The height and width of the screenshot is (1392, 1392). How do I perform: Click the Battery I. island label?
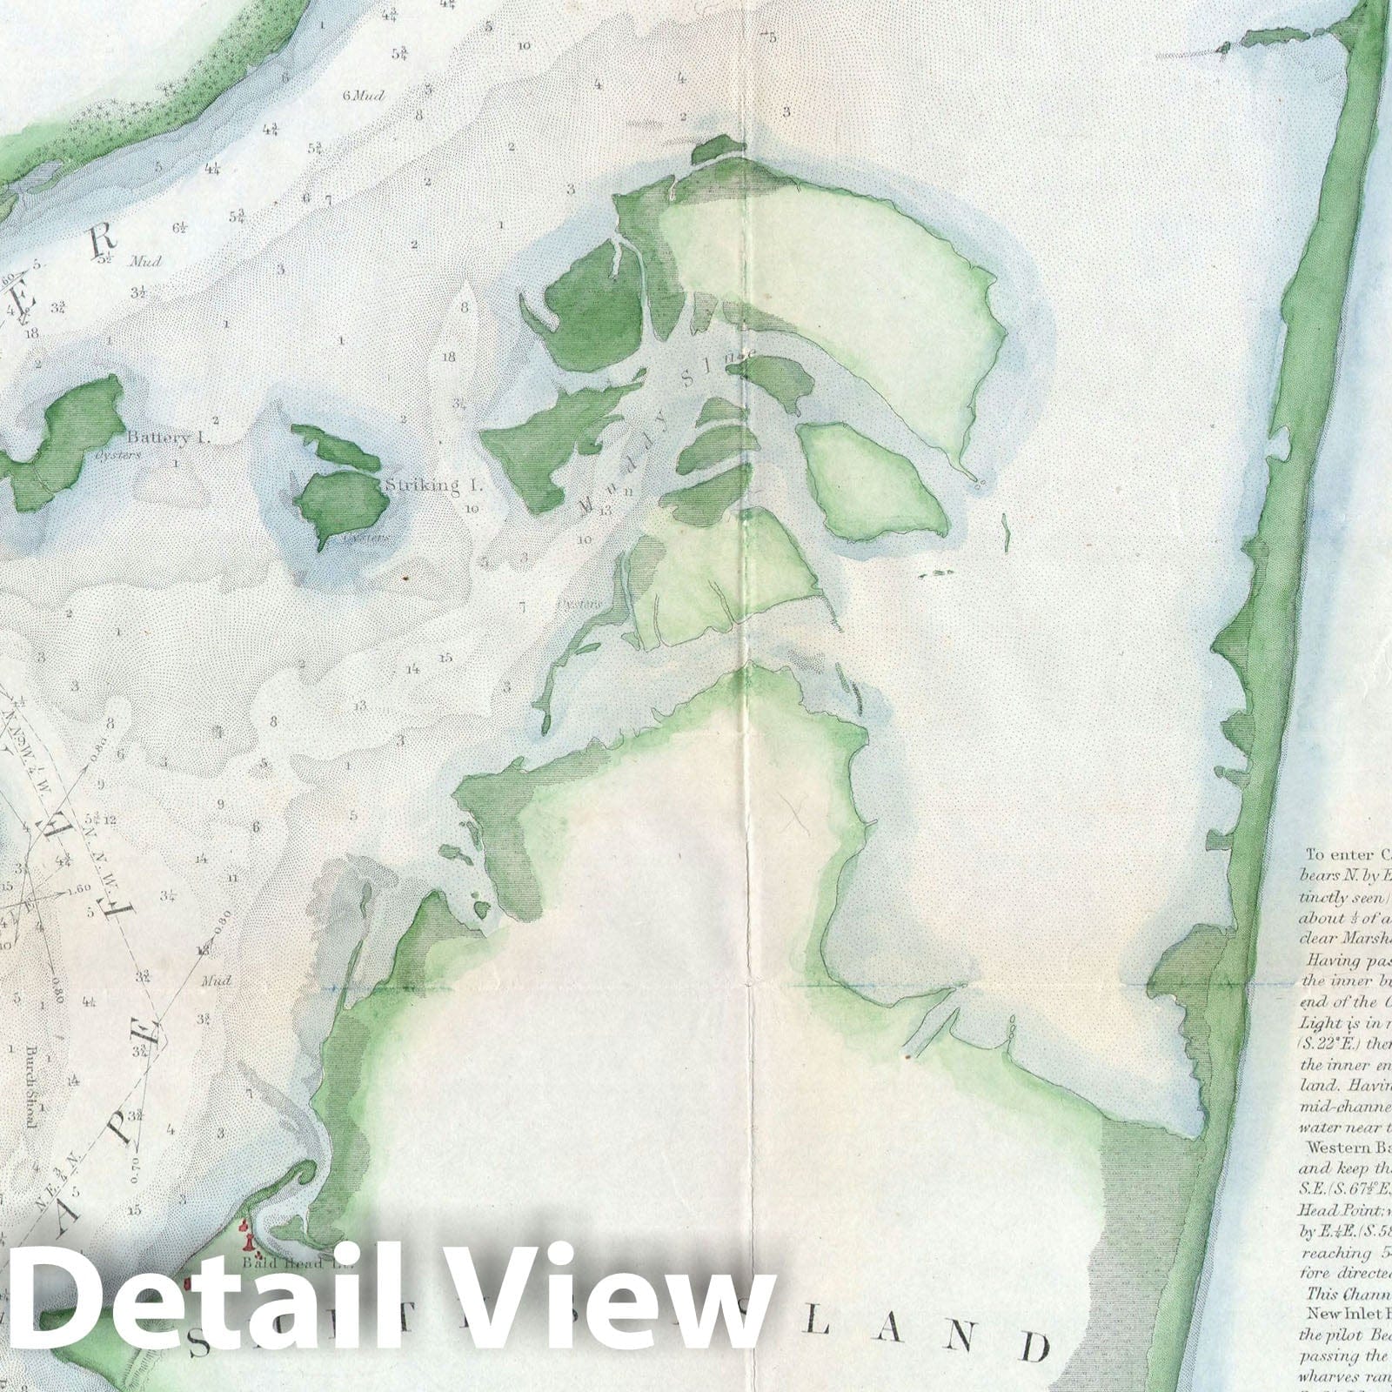(x=169, y=438)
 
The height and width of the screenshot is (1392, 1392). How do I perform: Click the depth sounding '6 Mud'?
(x=363, y=96)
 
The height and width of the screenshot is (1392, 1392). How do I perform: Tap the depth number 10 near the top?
(x=525, y=45)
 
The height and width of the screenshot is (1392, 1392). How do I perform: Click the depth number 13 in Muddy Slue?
(x=606, y=510)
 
